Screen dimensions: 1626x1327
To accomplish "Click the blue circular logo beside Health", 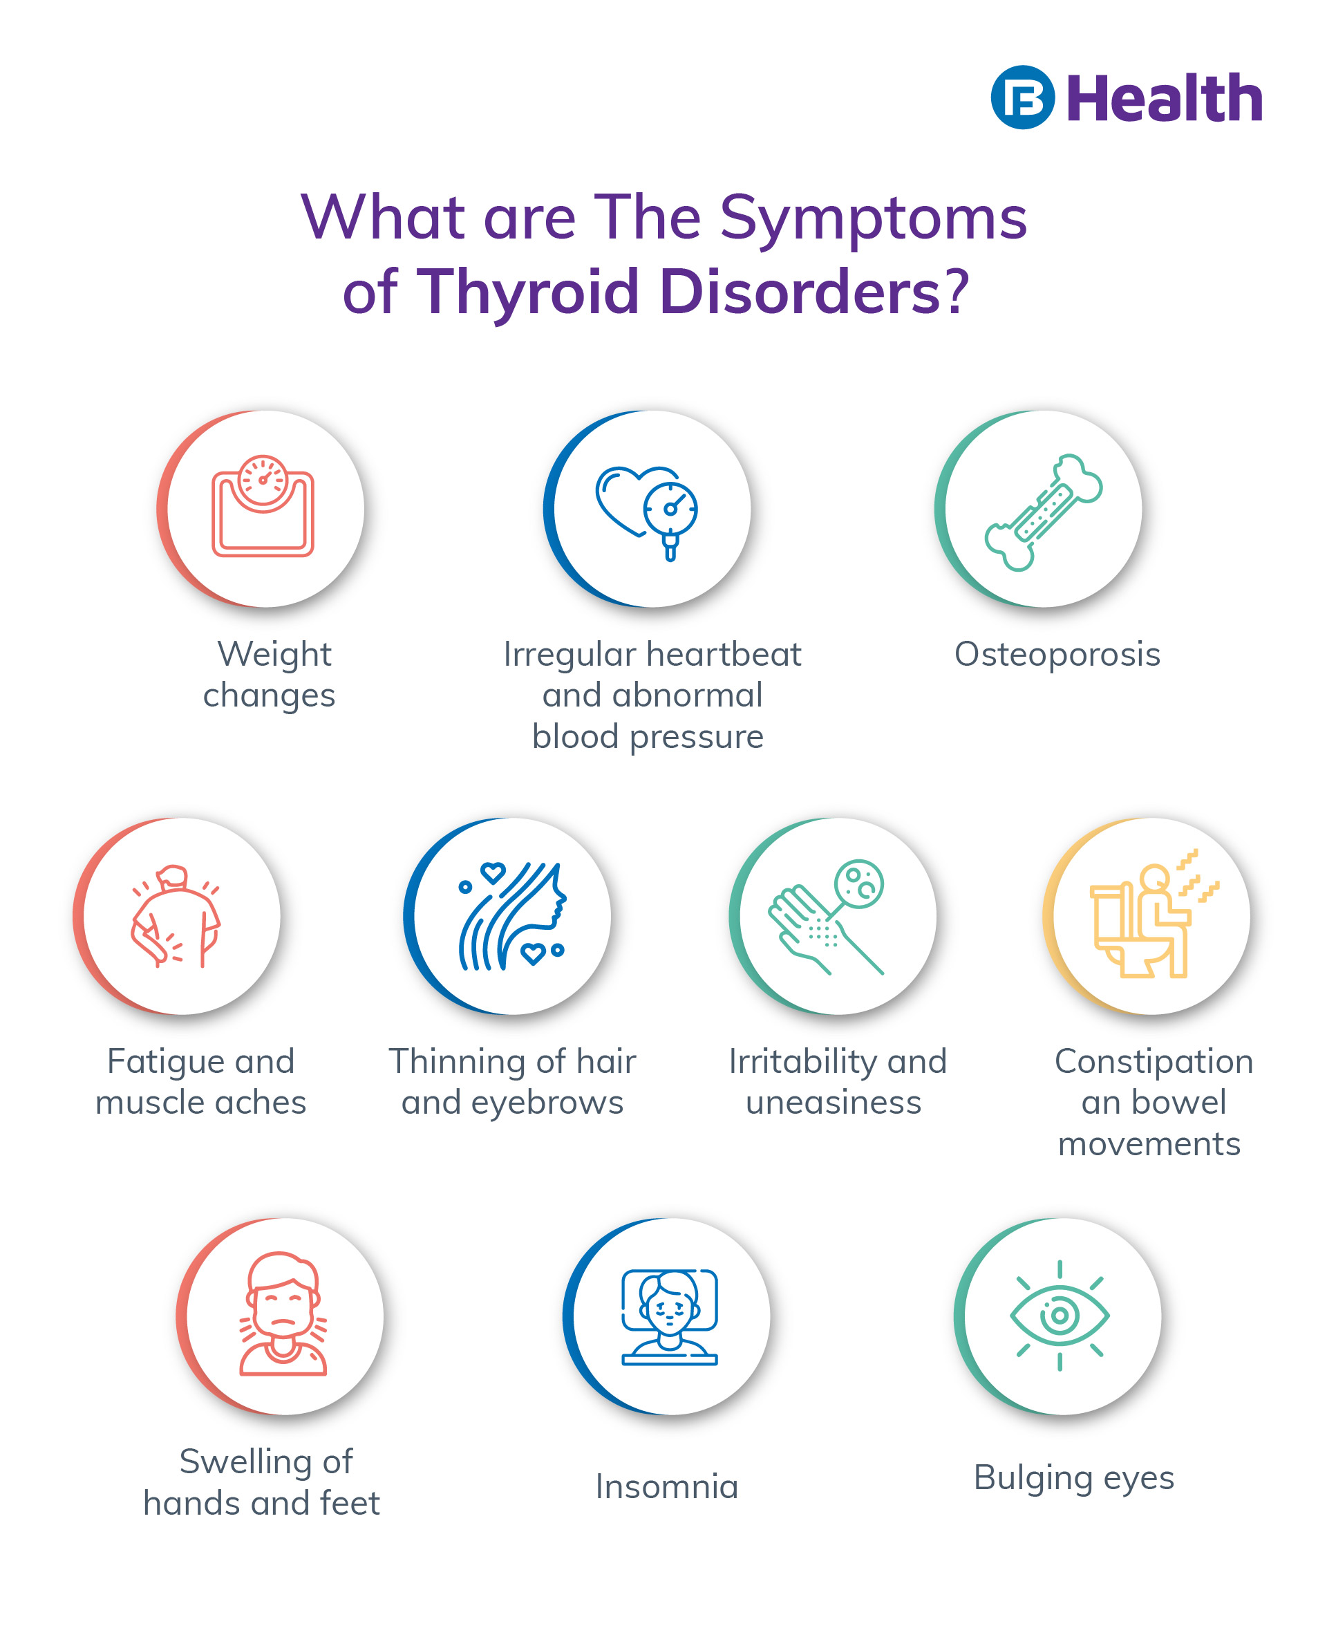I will pyautogui.click(x=1022, y=97).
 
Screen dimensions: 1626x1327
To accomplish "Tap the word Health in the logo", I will pyautogui.click(x=1163, y=99).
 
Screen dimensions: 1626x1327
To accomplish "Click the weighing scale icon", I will pyautogui.click(x=263, y=506).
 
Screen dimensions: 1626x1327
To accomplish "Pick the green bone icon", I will pyautogui.click(x=1044, y=512).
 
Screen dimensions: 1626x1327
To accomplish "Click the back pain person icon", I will pyautogui.click(x=176, y=916).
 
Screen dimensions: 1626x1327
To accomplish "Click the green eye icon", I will pyautogui.click(x=1060, y=1315).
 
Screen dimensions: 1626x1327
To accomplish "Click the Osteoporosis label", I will pyautogui.click(x=1057, y=655).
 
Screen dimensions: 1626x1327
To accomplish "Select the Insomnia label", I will pyautogui.click(x=666, y=1486).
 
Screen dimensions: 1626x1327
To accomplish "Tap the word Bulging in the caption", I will pyautogui.click(x=1033, y=1477).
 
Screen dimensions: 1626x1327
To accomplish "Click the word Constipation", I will pyautogui.click(x=1154, y=1061).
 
